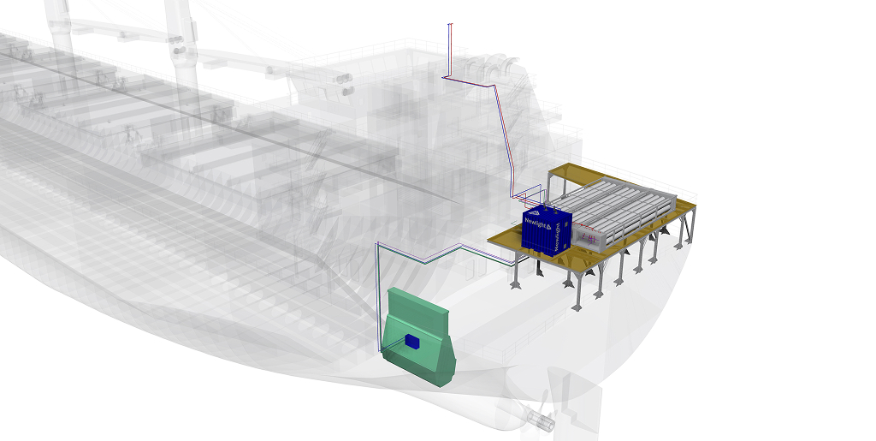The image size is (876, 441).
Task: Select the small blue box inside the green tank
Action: pos(413,342)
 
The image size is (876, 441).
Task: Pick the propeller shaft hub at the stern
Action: pos(541,420)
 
